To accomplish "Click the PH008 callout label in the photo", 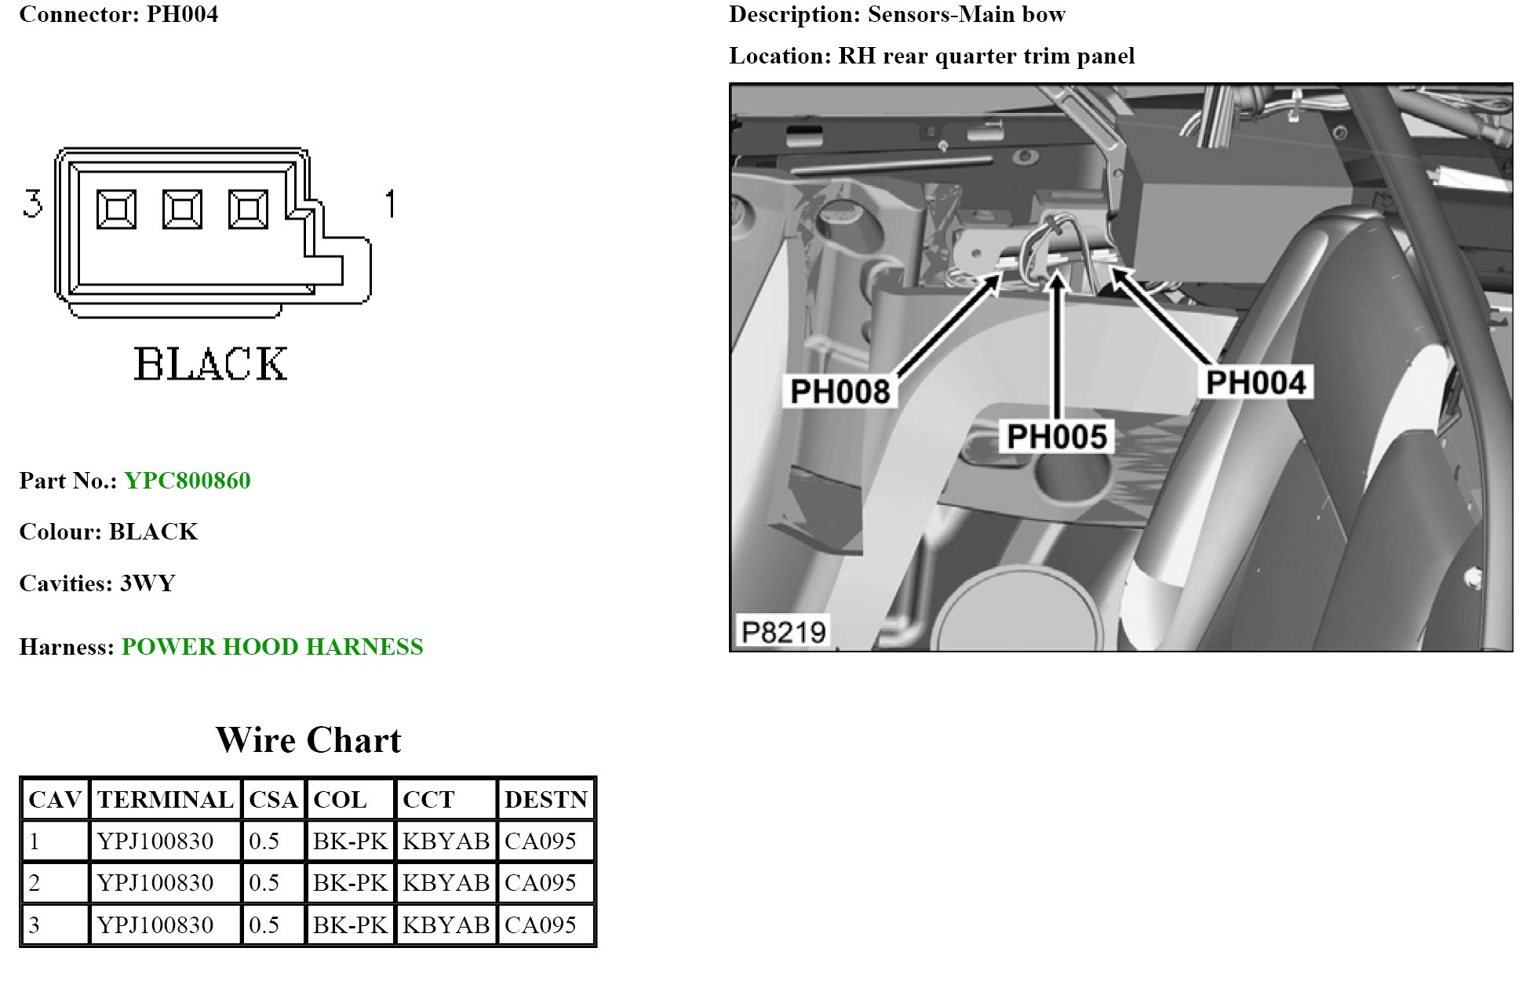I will (x=840, y=391).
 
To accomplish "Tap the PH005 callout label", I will (x=1056, y=437).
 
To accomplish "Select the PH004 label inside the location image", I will (x=1255, y=383).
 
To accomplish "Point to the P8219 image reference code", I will (x=783, y=632).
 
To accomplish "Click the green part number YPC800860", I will (x=188, y=481).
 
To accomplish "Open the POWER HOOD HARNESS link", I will (x=272, y=647).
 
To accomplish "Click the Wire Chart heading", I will (x=308, y=740).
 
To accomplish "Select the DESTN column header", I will (x=545, y=800).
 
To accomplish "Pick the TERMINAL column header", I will (x=166, y=800).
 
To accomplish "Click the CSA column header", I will (x=273, y=800).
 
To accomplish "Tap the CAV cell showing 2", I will (x=35, y=883).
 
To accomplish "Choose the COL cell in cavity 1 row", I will (x=350, y=841).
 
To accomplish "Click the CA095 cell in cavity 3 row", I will (x=540, y=925).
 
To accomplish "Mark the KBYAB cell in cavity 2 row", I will (x=446, y=883).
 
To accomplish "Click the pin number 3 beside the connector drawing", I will (x=32, y=204).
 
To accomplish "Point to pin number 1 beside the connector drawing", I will (x=390, y=204).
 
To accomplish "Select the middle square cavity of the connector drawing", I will (x=182, y=209).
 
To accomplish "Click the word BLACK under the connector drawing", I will (x=210, y=365).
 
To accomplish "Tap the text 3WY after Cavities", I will (x=148, y=583).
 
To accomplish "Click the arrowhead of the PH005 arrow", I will (x=1058, y=279).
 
